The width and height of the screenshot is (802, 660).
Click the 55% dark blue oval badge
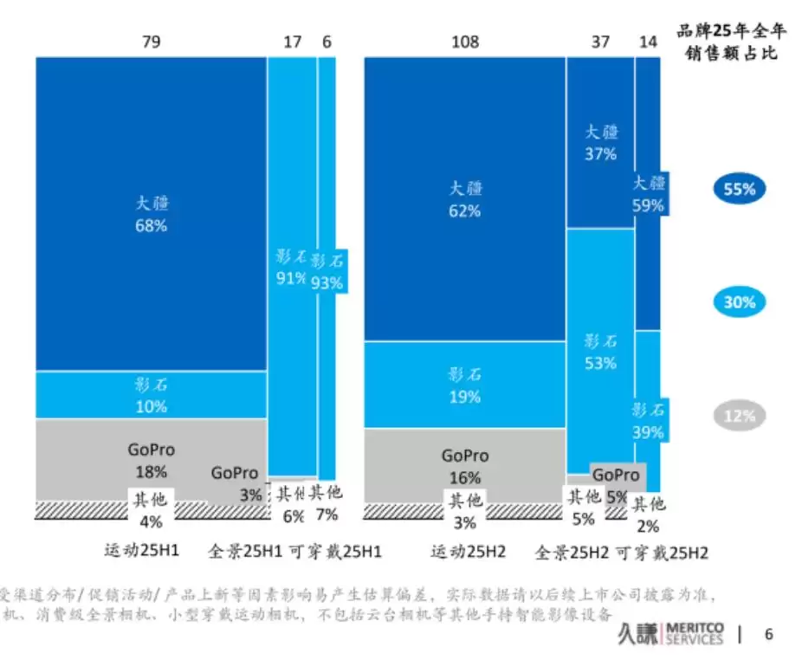coord(740,189)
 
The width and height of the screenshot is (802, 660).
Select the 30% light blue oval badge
coord(740,302)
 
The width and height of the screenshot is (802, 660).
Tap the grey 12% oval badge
coord(740,416)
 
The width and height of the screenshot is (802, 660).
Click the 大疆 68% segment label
coord(151,214)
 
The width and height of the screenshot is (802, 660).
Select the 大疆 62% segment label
coord(465,199)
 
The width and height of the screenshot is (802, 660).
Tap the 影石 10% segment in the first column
coord(151,395)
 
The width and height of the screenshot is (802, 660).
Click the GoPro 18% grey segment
coord(151,460)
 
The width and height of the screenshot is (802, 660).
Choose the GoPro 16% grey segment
coord(465,466)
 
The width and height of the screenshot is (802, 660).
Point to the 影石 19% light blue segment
coord(465,385)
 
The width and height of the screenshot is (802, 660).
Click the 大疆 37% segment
coord(600,143)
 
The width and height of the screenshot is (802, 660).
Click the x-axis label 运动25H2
coord(469,552)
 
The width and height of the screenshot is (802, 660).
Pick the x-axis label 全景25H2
coord(572,552)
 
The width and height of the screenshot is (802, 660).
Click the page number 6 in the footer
coord(767,634)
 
